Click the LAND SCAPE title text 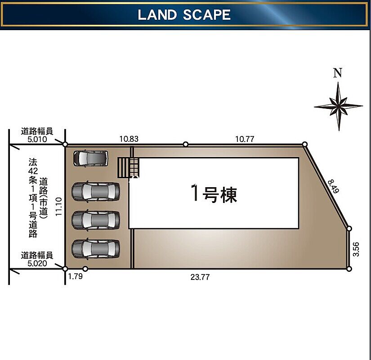tap(184, 15)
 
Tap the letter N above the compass tap(338, 73)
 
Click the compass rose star tap(338, 106)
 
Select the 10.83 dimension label tap(129, 139)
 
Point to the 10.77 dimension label tap(245, 139)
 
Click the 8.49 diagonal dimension tap(334, 186)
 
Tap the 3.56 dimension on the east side tap(356, 249)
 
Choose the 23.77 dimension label tap(200, 277)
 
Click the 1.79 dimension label tap(76, 276)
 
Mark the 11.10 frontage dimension tap(58, 207)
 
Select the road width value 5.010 tap(37, 139)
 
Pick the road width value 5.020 tap(37, 263)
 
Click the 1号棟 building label tap(214, 194)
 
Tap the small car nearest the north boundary tap(91, 158)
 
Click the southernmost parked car tap(96, 249)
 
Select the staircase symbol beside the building tap(129, 168)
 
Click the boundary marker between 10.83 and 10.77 tap(186, 144)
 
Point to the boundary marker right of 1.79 tap(85, 269)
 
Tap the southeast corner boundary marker tap(349, 269)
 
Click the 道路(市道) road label tap(44, 198)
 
